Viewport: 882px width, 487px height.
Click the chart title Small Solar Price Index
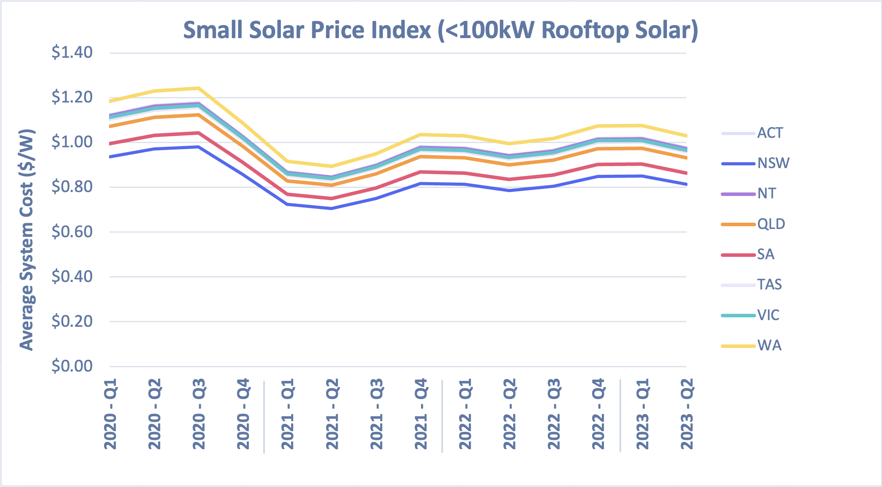pos(440,30)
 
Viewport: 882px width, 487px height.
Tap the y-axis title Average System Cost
pos(27,240)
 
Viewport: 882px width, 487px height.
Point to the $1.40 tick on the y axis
pos(72,52)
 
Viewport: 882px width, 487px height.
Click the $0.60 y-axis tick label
pos(72,232)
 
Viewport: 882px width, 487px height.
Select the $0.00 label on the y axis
pos(72,366)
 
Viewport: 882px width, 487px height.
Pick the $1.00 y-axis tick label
pos(72,142)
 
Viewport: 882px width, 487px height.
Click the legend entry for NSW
pos(773,163)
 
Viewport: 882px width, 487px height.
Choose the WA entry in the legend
pos(769,346)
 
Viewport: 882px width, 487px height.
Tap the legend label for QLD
pos(771,224)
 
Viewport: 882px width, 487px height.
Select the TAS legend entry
pos(769,284)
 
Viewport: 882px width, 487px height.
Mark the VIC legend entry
pos(768,315)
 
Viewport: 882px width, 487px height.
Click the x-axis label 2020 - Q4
pos(243,414)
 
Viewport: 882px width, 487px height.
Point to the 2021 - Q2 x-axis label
pos(332,414)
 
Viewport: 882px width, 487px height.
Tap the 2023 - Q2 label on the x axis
pos(687,414)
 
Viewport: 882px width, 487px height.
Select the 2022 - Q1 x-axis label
pos(465,414)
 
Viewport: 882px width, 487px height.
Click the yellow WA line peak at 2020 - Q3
pos(199,88)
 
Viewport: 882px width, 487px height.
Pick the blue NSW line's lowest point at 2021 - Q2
pos(332,208)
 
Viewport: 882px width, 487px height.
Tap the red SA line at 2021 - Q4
pos(421,172)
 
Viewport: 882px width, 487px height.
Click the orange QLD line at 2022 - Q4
pos(598,148)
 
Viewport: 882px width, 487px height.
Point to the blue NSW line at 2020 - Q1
pos(111,156)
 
